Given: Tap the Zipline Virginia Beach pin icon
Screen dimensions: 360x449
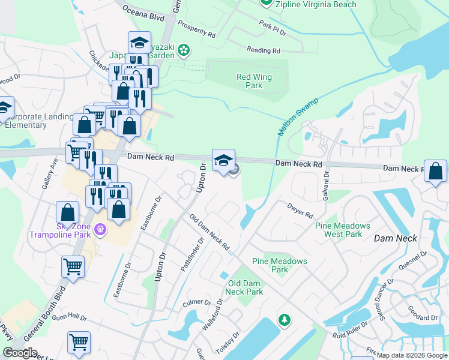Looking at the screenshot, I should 268,4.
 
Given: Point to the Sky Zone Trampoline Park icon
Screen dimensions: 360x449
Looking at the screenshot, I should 100,229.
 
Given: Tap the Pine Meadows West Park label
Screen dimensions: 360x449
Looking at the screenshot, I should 343,230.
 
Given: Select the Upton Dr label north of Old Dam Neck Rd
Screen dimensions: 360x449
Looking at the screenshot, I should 202,178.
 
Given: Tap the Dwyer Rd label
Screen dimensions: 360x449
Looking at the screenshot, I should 300,210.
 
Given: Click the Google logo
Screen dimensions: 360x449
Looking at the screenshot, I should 20,353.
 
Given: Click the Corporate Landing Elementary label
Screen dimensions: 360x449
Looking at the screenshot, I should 25,121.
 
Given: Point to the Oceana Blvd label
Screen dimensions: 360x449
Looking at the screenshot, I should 143,13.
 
